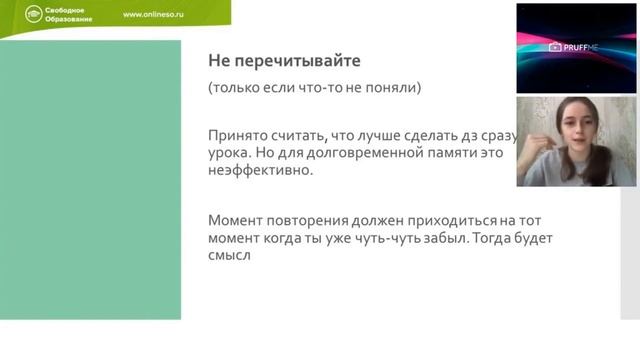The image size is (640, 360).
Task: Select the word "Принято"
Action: [x=237, y=135]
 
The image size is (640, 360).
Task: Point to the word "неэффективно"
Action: [x=258, y=171]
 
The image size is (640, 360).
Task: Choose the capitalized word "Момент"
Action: [x=237, y=219]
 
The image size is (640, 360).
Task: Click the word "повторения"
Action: [x=314, y=219]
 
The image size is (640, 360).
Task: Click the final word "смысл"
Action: [x=229, y=255]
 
